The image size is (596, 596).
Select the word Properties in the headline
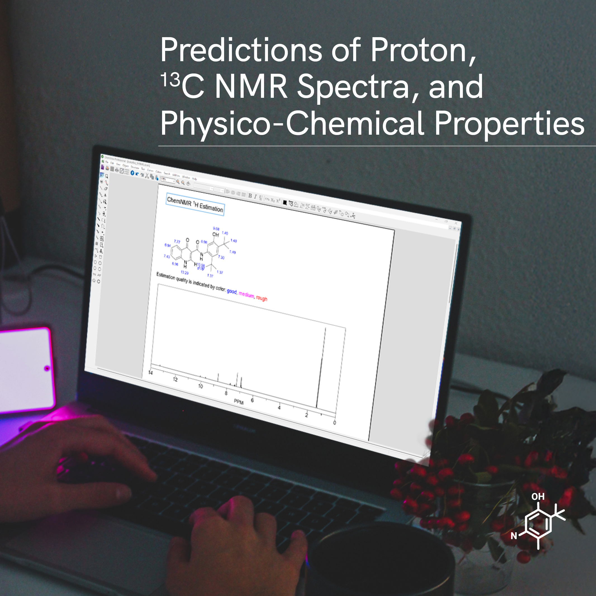(509, 124)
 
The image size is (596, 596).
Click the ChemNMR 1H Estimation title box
(195, 204)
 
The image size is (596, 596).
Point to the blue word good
(232, 291)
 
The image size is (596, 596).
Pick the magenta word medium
(246, 295)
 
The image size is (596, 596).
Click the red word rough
(262, 298)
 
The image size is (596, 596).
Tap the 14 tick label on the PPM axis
(151, 373)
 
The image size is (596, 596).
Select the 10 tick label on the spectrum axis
(201, 386)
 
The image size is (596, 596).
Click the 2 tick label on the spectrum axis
(306, 415)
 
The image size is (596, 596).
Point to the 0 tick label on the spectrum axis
(334, 423)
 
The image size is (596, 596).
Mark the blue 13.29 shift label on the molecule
(184, 272)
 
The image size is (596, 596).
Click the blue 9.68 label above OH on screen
(216, 229)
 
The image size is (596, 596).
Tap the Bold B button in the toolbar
(250, 196)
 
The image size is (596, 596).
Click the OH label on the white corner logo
(538, 496)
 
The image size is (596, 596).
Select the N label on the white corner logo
(514, 536)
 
